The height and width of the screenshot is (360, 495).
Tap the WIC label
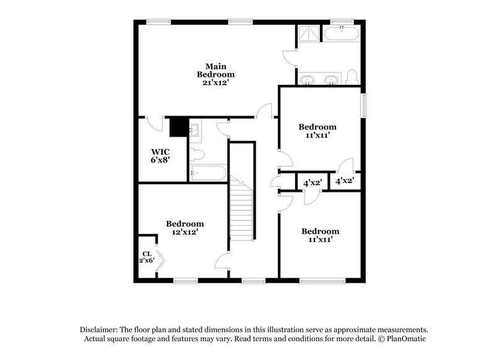[160, 152]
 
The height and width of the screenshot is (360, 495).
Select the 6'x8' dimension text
[160, 160]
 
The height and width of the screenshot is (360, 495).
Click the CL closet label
[147, 253]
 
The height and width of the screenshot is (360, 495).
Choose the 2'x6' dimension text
[146, 261]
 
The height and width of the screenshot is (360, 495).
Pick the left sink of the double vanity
[308, 79]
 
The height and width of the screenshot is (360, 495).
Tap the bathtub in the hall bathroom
[207, 173]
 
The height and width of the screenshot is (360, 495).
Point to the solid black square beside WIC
[179, 127]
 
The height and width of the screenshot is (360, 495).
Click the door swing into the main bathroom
[290, 57]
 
